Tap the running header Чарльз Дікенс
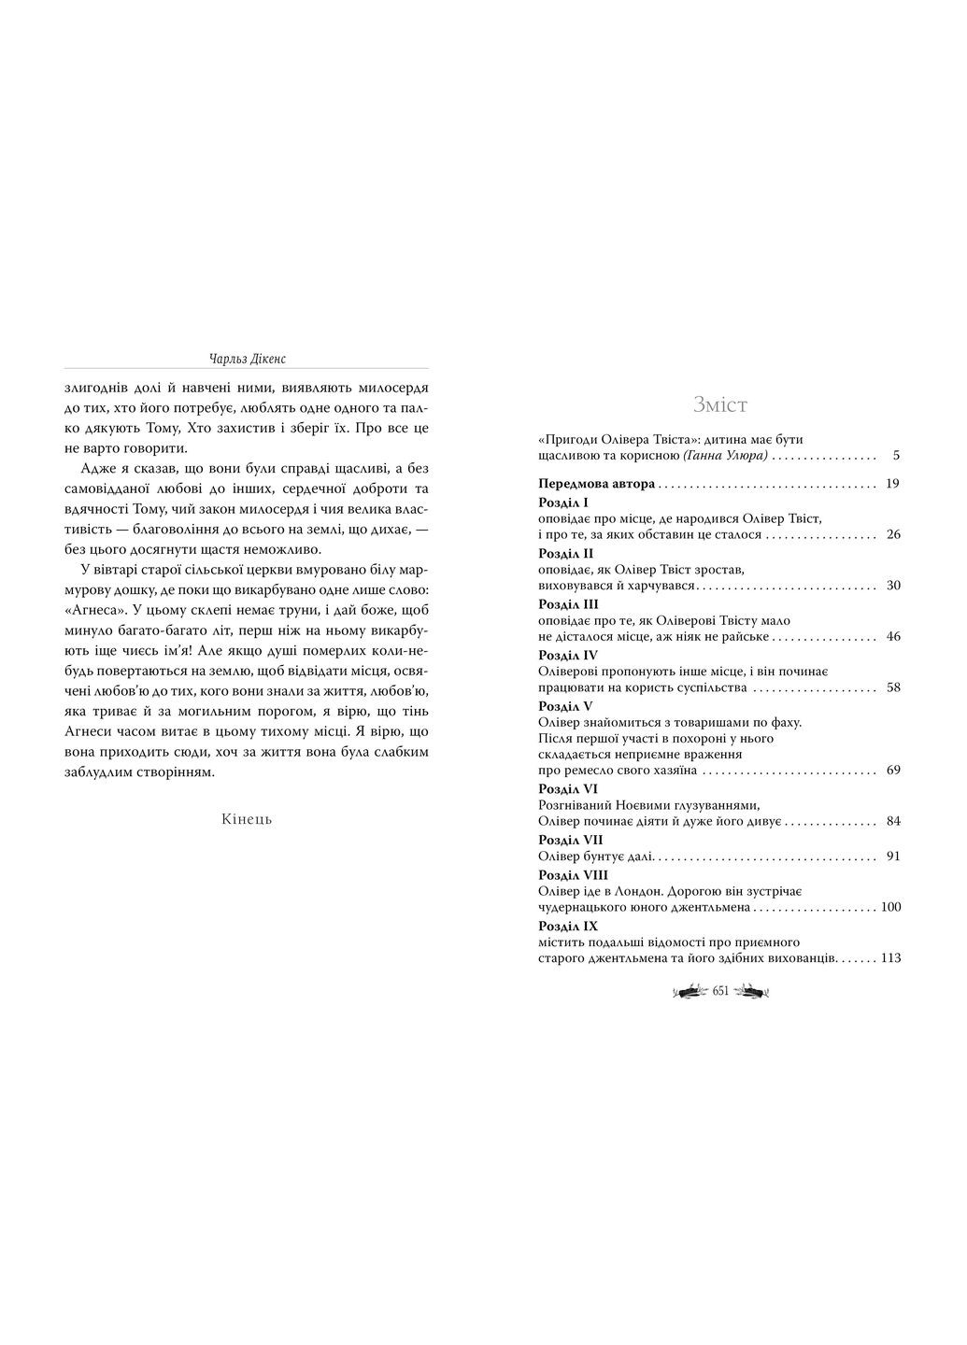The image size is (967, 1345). (247, 358)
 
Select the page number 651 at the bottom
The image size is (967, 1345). (720, 992)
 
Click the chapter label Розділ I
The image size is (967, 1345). (563, 503)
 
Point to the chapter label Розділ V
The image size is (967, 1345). (566, 705)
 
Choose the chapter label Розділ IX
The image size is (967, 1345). (568, 926)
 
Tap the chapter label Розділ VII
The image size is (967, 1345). (571, 840)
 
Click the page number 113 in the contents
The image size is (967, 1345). (889, 958)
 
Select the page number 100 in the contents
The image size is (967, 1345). (889, 907)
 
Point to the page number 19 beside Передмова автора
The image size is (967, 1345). (892, 484)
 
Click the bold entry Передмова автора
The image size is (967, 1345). (597, 484)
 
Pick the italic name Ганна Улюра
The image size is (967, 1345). (725, 456)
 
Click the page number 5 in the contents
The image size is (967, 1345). (895, 456)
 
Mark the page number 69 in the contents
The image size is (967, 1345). (892, 772)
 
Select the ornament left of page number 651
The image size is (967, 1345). (690, 992)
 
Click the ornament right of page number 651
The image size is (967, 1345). (750, 992)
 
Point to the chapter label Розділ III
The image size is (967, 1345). (568, 604)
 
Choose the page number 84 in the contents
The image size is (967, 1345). (892, 822)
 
